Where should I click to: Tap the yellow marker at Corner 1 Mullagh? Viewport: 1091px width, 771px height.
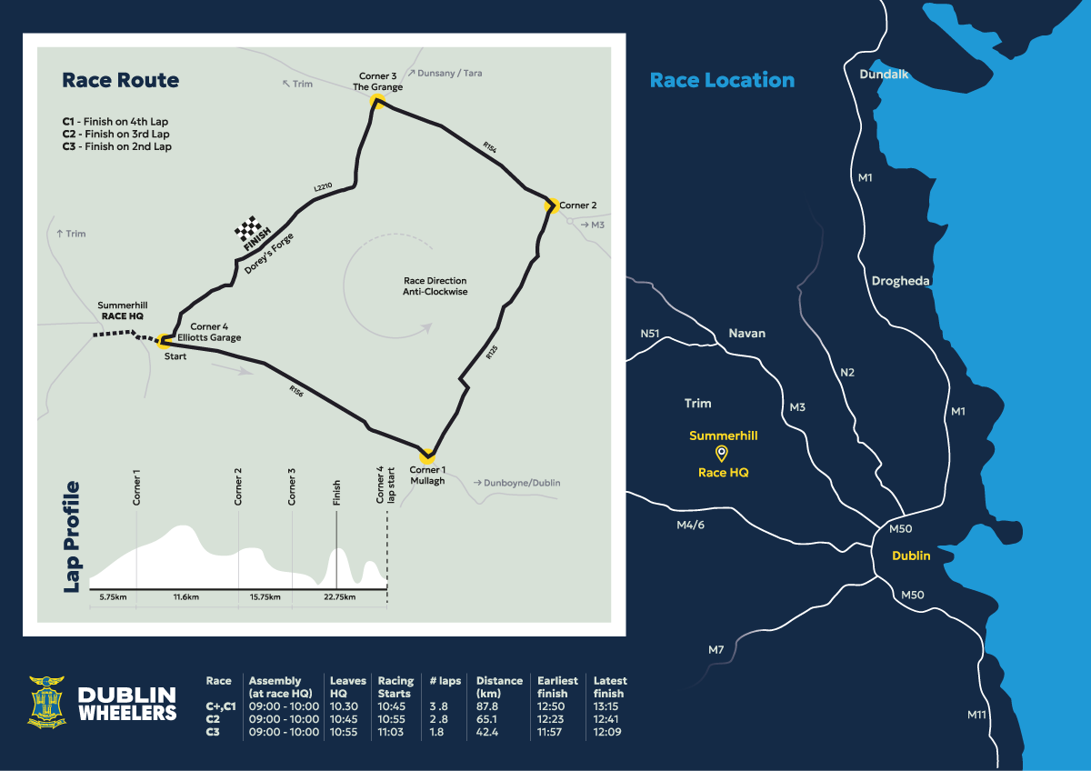coord(426,455)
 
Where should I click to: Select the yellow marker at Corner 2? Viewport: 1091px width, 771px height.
coord(550,205)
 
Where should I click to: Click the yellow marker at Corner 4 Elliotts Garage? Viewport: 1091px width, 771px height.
coord(163,341)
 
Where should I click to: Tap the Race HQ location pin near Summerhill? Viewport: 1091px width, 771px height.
coord(722,453)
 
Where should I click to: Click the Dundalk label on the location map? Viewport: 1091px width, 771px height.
coord(884,75)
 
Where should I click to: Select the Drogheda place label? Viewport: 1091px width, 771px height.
coord(900,281)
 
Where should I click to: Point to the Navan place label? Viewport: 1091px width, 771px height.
coord(746,333)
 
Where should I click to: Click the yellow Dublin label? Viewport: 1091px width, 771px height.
coord(911,556)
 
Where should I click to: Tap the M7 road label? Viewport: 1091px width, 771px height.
coord(716,649)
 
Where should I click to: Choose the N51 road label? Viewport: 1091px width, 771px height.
coord(649,334)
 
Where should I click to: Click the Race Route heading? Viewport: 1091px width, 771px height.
coord(120,80)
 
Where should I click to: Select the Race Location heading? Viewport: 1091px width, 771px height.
coord(722,80)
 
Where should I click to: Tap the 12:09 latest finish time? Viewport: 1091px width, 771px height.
coord(607,732)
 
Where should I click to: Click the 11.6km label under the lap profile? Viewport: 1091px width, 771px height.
coord(185,597)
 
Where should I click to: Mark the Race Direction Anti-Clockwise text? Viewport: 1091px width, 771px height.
coord(435,286)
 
